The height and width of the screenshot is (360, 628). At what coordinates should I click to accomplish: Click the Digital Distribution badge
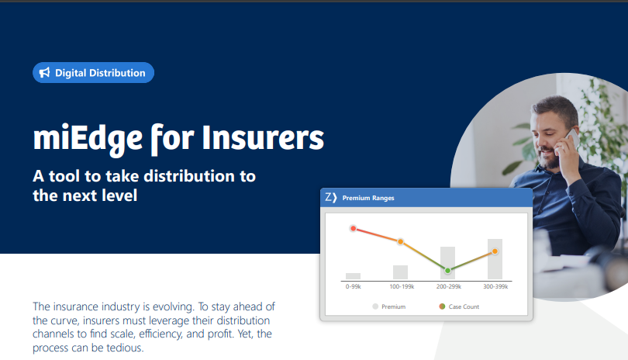[93, 73]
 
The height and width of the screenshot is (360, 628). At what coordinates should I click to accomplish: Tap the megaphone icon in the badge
[45, 73]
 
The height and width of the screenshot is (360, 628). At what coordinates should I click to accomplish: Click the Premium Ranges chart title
[368, 198]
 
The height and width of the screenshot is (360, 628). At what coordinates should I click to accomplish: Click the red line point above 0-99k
[353, 229]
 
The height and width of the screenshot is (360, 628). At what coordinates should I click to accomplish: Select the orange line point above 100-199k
[400, 242]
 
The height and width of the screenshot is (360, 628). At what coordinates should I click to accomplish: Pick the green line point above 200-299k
[447, 270]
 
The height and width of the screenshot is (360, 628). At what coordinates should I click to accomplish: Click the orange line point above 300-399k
[495, 251]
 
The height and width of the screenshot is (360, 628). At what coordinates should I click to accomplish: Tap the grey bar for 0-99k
[353, 275]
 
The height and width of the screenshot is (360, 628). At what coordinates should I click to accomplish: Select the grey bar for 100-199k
[400, 272]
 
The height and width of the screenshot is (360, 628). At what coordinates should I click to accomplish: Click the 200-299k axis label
[447, 286]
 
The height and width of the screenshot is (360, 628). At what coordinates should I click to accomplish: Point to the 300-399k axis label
[495, 286]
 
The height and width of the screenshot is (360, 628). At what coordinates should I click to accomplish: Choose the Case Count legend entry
[461, 306]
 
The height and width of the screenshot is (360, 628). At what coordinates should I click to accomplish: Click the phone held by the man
[571, 140]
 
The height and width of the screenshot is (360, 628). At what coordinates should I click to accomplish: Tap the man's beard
[549, 157]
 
